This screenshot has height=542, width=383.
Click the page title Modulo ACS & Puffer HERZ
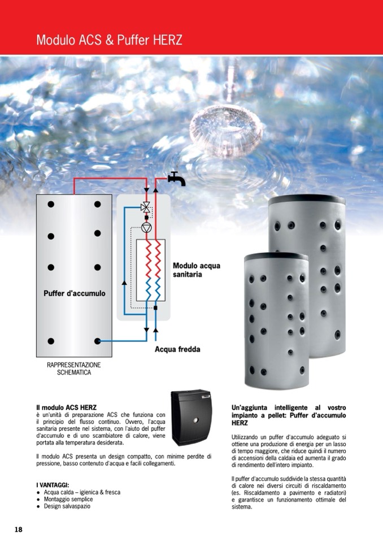109,40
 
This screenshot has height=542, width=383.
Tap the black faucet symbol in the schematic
176,179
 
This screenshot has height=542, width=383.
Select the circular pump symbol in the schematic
146,227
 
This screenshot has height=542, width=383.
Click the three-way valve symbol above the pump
146,207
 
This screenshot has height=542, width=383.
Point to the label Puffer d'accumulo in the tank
74,293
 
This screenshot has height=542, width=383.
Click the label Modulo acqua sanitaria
196,270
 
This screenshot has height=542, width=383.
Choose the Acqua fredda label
177,349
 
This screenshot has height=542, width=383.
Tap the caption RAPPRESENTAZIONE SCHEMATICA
74,368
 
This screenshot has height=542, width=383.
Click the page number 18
18,529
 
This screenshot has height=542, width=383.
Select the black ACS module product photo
191,418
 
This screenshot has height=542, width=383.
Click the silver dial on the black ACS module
196,420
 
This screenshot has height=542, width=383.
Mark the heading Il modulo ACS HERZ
66,407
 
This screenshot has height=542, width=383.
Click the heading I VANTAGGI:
53,485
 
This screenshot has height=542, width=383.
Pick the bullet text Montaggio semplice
68,499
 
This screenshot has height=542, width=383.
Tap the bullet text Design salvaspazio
67,506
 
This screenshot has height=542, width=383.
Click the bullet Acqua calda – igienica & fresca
82,492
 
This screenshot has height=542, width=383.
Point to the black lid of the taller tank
307,200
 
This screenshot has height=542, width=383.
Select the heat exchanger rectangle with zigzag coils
151,270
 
